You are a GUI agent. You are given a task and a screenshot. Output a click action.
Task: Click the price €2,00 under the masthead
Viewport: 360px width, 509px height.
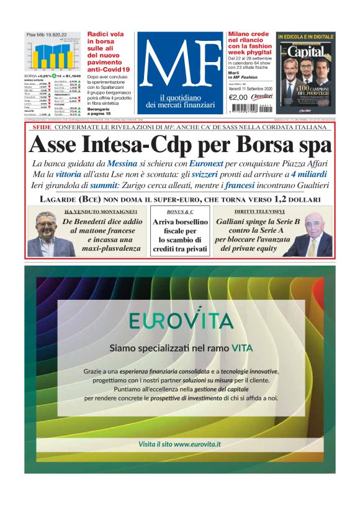tap(238, 97)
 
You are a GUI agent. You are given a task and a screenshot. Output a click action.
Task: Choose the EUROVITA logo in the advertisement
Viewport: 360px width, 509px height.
tap(181, 320)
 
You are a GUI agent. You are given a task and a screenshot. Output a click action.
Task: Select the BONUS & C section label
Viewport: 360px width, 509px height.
tap(180, 212)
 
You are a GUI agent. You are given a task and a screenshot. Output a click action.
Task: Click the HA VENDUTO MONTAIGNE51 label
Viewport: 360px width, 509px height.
tap(105, 212)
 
